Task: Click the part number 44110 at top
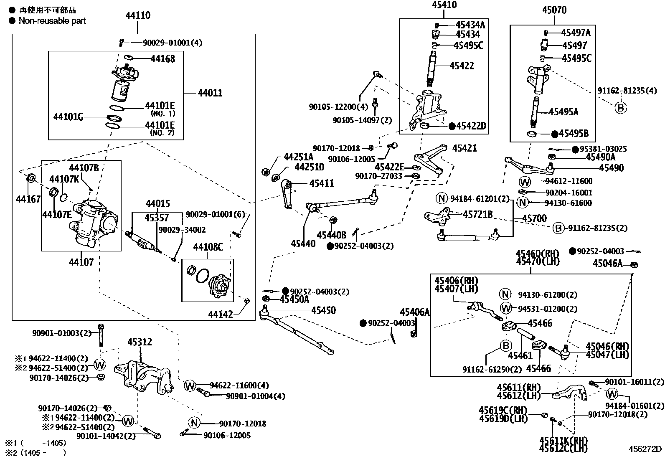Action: tap(138, 16)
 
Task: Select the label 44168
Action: tap(162, 59)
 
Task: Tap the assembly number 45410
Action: tap(444, 5)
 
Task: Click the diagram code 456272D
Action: tap(645, 449)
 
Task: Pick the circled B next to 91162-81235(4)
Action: tap(621, 108)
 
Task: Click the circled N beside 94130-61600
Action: tap(523, 203)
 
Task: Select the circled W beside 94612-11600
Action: tap(525, 182)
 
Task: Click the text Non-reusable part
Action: tap(52, 21)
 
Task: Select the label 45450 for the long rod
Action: tap(323, 310)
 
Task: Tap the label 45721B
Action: tap(477, 215)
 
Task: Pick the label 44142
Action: tap(221, 314)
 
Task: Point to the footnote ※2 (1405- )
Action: tap(35, 452)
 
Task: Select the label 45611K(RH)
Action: tap(563, 441)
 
